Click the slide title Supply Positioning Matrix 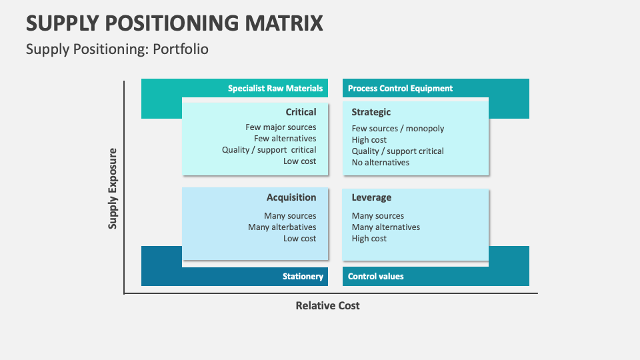(x=175, y=23)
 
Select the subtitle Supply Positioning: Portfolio (x=117, y=49)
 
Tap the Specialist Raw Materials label (x=275, y=88)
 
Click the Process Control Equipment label (x=400, y=88)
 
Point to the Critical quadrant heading (x=301, y=112)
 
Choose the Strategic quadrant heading (x=371, y=112)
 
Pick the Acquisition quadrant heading (x=291, y=197)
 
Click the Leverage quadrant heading (x=371, y=197)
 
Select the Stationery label (x=303, y=276)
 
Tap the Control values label (x=376, y=276)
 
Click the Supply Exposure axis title (x=113, y=189)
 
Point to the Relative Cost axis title (x=327, y=305)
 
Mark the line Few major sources (x=281, y=127)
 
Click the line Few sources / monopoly (x=398, y=128)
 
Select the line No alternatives (x=381, y=162)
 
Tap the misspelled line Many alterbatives (x=282, y=227)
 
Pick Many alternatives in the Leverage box (x=386, y=227)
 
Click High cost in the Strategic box (x=369, y=139)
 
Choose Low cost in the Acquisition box (x=299, y=238)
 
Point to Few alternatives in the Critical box (x=285, y=138)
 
